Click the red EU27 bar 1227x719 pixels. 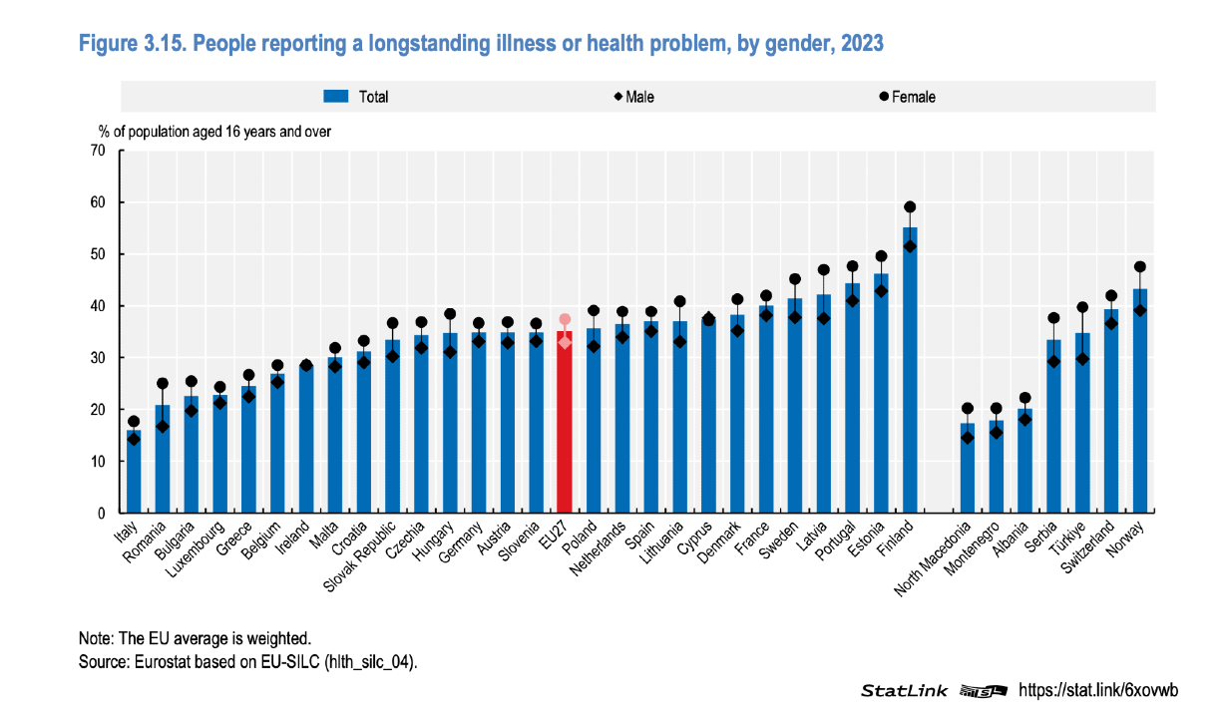pyautogui.click(x=564, y=429)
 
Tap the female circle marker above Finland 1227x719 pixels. pyautogui.click(x=910, y=207)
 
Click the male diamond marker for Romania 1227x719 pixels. pyautogui.click(x=163, y=426)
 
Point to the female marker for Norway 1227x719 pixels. pyautogui.click(x=1140, y=267)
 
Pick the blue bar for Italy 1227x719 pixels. pyautogui.click(x=134, y=474)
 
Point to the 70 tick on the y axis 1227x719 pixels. pyautogui.click(x=98, y=151)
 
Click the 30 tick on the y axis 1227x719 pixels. pyautogui.click(x=98, y=358)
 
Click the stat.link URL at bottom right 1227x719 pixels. pyautogui.click(x=1097, y=690)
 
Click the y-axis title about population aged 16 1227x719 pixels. pyautogui.click(x=214, y=131)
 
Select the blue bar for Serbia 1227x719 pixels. pyautogui.click(x=1053, y=429)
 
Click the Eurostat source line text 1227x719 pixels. pyautogui.click(x=248, y=661)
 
